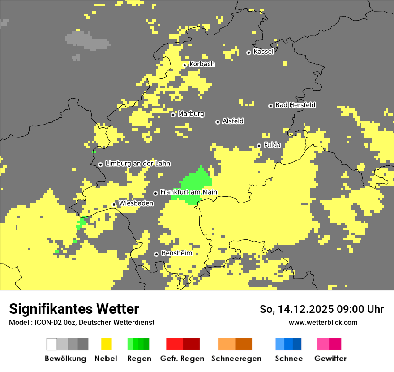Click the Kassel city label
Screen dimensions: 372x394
263,52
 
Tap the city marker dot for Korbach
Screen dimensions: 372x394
184,65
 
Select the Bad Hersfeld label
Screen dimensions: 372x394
295,105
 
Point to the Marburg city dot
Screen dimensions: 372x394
173,115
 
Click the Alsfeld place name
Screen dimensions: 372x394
233,121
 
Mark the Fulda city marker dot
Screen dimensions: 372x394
259,146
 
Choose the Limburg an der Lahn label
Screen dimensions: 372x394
137,164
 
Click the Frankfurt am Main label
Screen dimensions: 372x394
188,192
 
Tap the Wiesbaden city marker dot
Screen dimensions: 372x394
114,204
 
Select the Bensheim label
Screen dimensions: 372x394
176,253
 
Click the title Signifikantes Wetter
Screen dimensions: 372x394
74,309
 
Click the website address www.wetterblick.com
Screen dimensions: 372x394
323,322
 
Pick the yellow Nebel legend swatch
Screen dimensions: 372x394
106,344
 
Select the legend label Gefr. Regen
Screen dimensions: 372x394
182,359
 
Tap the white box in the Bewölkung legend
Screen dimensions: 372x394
52,344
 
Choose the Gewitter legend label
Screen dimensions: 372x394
330,359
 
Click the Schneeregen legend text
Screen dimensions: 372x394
236,359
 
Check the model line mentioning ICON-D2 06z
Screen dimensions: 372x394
81,322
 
